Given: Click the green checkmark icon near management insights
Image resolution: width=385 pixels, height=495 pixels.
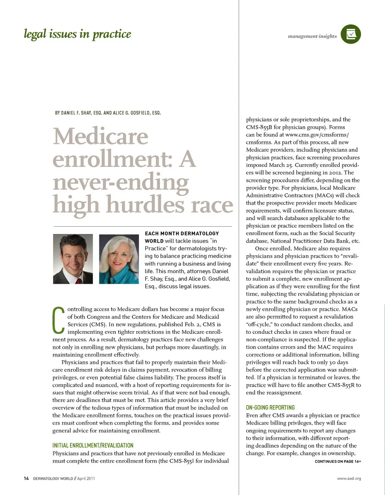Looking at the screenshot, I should (x=351, y=34).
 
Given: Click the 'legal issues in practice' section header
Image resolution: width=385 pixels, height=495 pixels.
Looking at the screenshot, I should (x=77, y=34).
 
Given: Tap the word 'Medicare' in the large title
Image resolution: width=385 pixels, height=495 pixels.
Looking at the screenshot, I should (x=101, y=136).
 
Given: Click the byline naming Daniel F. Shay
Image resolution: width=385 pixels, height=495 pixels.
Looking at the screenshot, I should (x=108, y=113).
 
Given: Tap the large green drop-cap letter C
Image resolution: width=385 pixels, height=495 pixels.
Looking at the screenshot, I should (x=59, y=320).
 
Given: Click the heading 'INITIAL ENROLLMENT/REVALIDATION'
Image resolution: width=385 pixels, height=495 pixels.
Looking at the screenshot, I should (x=93, y=445).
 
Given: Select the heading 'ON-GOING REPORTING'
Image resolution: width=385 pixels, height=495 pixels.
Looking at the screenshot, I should (x=270, y=408).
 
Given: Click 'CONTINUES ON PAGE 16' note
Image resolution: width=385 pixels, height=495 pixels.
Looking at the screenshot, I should (x=338, y=461).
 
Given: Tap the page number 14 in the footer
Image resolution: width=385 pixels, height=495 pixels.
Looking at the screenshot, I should (x=26, y=479).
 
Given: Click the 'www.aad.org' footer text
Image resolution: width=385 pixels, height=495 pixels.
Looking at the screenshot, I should (x=349, y=479).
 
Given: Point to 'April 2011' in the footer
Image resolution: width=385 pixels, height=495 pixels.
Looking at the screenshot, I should (x=86, y=479).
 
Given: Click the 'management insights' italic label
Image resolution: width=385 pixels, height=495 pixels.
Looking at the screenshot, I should (x=312, y=36).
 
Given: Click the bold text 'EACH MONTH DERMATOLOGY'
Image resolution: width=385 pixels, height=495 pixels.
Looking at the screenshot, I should (x=182, y=233).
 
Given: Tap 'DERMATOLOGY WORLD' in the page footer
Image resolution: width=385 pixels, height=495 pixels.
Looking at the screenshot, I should (x=53, y=479).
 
